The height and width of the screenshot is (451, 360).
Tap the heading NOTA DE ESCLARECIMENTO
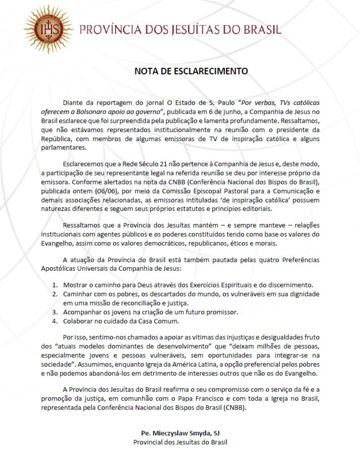click(x=191, y=71)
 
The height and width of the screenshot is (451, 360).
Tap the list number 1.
click(x=54, y=285)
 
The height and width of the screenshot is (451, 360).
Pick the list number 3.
click(x=54, y=312)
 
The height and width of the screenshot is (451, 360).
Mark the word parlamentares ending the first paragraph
click(x=63, y=147)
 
